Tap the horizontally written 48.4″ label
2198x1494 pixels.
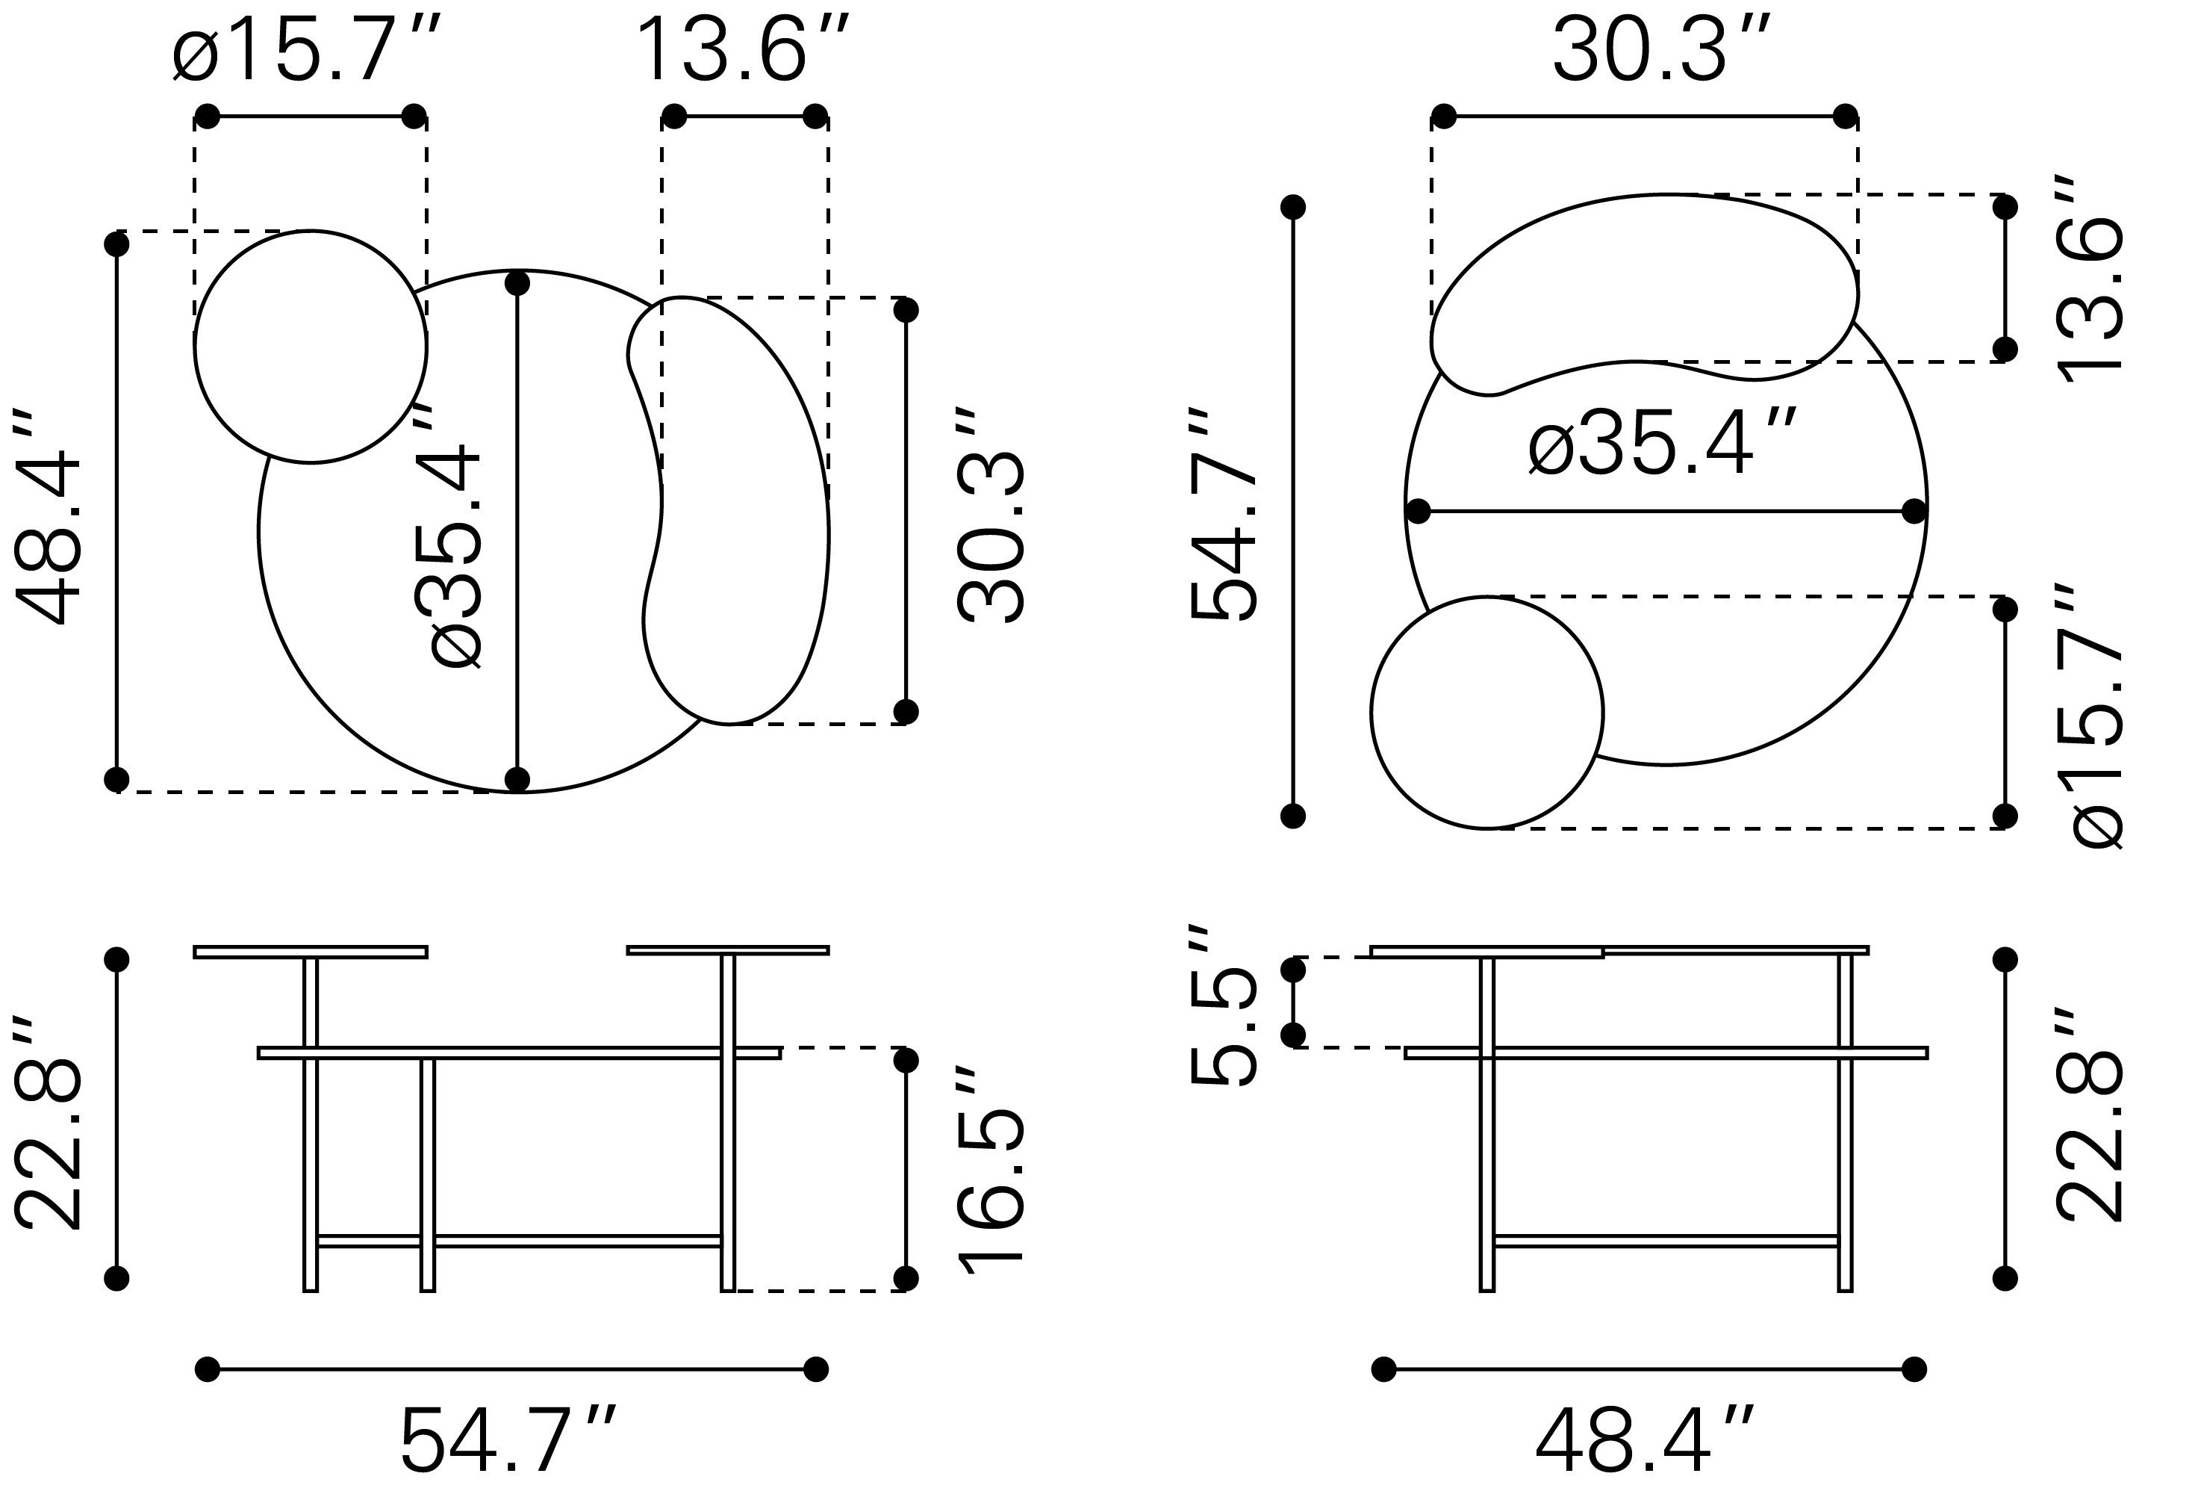[x=1644, y=1438]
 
